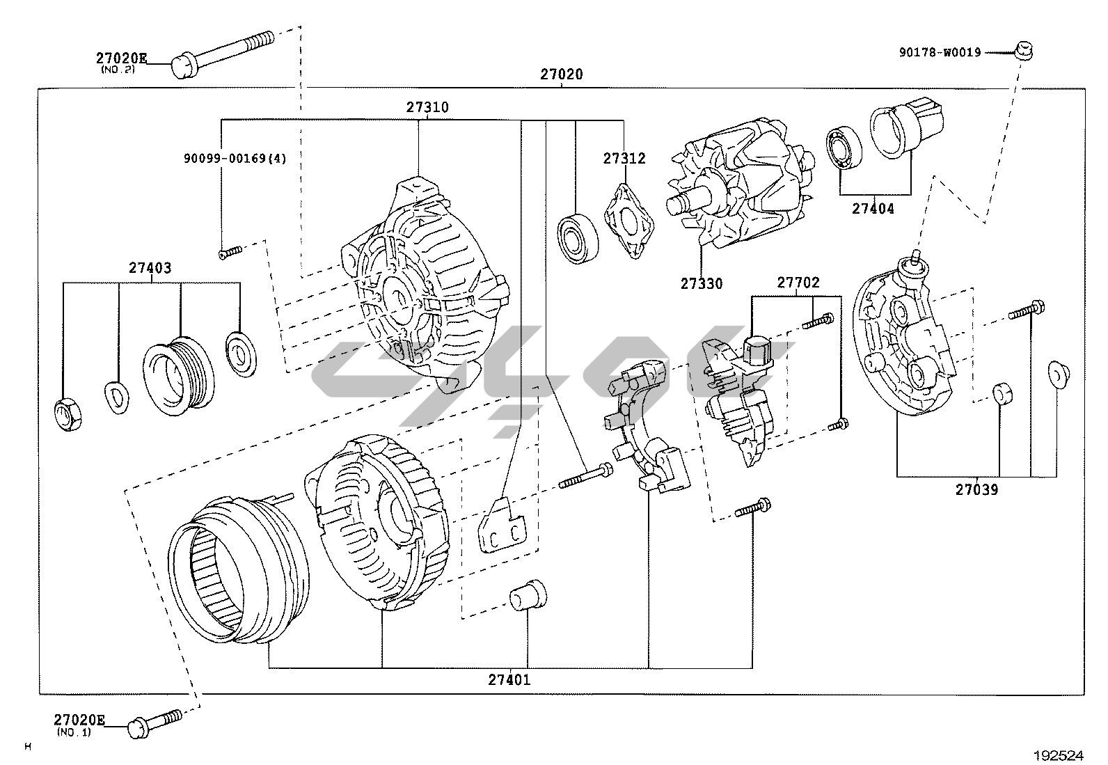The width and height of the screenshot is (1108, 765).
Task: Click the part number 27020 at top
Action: [x=562, y=74]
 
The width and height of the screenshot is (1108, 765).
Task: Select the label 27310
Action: [x=427, y=108]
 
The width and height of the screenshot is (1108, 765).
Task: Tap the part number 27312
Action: [x=624, y=159]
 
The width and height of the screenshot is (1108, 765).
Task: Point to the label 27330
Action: [x=702, y=284]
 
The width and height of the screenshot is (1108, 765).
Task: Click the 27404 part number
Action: [x=873, y=208]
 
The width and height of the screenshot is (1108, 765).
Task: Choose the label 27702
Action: [x=798, y=283]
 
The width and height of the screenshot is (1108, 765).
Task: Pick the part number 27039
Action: [x=976, y=490]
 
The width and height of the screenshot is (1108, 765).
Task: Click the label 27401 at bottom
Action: [x=509, y=679]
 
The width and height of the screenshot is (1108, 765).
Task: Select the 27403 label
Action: [x=150, y=268]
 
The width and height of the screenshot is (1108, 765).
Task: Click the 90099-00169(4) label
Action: [x=235, y=159]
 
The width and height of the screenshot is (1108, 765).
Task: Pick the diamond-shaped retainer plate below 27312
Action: [x=630, y=221]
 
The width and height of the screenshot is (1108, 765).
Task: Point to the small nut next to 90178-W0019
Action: [x=1023, y=49]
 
